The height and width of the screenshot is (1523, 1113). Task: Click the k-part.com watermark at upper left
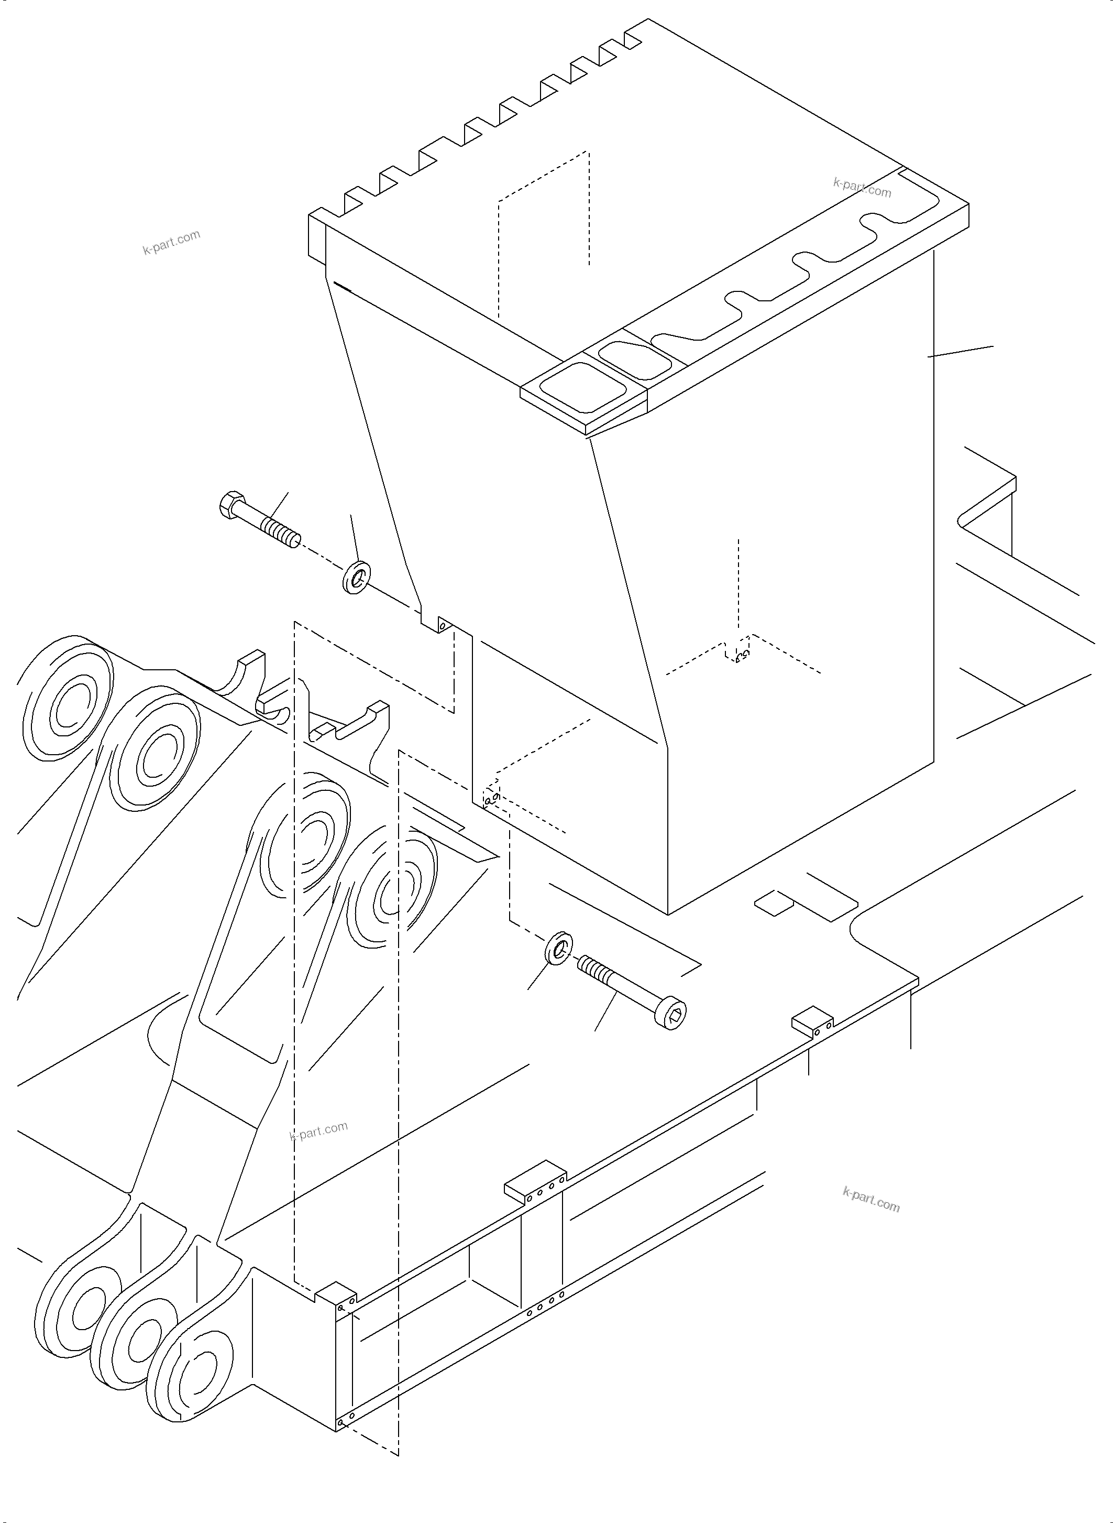(171, 242)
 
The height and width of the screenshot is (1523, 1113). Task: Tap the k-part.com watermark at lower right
(870, 1200)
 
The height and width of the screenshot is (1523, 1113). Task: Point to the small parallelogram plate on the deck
(774, 903)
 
